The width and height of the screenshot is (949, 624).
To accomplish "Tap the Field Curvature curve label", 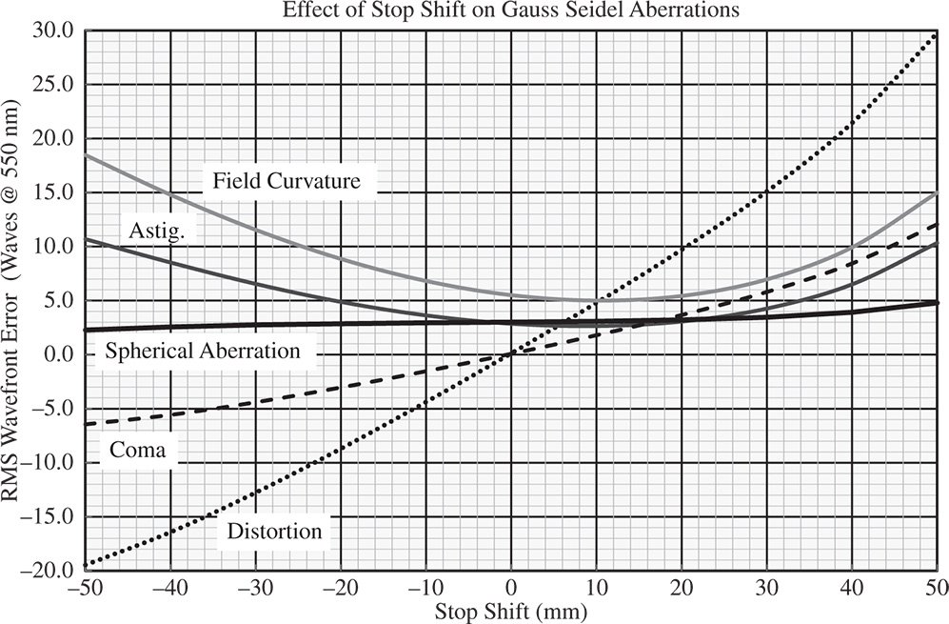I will (x=287, y=180).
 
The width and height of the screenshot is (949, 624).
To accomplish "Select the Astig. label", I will (x=156, y=230).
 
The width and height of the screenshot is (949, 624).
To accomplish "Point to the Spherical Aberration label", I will (x=203, y=351).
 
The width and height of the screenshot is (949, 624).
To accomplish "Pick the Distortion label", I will (x=275, y=531).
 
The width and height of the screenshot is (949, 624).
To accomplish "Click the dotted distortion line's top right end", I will (x=937, y=33).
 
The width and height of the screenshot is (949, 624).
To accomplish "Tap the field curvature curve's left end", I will (x=86, y=154).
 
